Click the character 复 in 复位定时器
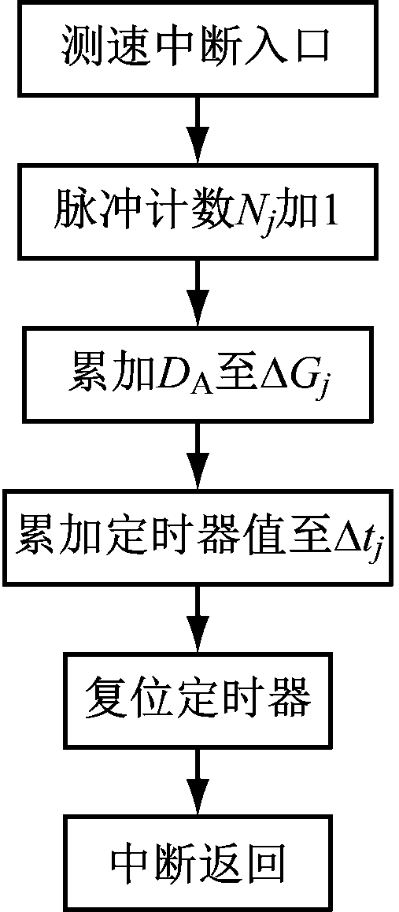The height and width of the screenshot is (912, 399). point(105,699)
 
